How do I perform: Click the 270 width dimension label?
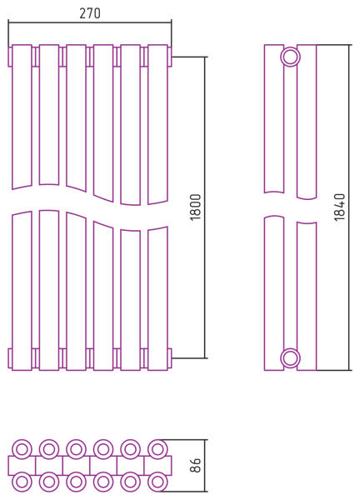[90, 13]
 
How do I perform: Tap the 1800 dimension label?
[196, 207]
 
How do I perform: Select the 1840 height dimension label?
[340, 207]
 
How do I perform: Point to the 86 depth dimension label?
[196, 465]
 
